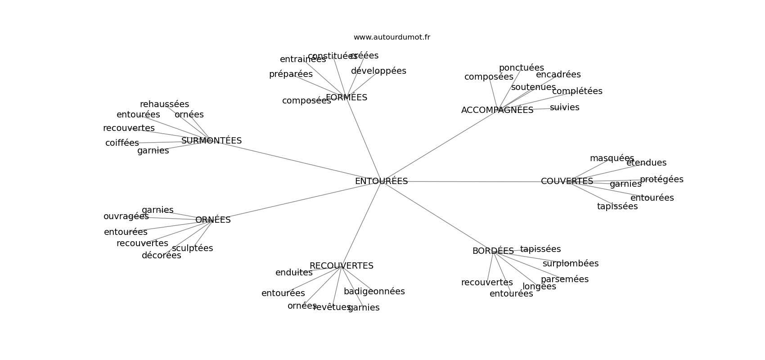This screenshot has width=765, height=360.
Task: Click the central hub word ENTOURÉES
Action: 381,181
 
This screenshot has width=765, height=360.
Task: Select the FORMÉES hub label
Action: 346,98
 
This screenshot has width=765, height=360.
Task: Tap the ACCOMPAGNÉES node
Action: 497,110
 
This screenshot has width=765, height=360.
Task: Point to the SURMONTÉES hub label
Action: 211,141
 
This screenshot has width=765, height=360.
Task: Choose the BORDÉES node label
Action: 493,251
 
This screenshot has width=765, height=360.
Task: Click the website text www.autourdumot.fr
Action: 391,37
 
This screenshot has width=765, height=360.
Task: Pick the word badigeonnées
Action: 374,292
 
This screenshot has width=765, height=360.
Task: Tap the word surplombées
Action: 570,264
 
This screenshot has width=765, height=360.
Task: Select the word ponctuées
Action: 521,68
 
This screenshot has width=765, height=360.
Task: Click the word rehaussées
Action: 164,104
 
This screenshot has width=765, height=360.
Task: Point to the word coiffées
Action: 122,143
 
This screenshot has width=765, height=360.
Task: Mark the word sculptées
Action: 192,248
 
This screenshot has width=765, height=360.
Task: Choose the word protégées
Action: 661,180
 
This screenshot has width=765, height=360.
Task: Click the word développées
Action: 378,71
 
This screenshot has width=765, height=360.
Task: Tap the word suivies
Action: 564,108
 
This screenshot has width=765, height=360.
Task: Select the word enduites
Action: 294,273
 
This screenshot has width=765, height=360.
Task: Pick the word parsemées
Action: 564,279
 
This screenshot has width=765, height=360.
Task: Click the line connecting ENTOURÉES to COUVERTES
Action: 472,181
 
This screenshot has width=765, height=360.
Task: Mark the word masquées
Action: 612,158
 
